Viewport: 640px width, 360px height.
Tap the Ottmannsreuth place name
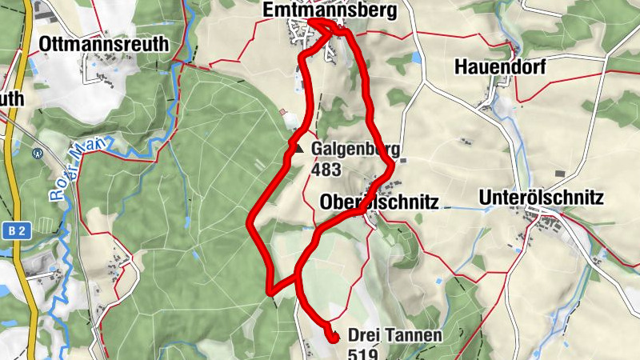(104, 44)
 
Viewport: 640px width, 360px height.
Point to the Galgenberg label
(355, 150)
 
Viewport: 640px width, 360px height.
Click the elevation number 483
(327, 170)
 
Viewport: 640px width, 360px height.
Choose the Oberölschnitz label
(379, 202)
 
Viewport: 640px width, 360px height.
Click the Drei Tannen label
(395, 335)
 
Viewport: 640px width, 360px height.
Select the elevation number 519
(364, 353)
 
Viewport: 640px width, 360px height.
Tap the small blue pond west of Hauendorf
(416, 58)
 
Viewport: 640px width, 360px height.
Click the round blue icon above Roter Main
(37, 153)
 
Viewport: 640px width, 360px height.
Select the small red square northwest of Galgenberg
(282, 113)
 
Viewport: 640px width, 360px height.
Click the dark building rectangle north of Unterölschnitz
(560, 174)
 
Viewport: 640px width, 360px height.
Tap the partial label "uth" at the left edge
(13, 99)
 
